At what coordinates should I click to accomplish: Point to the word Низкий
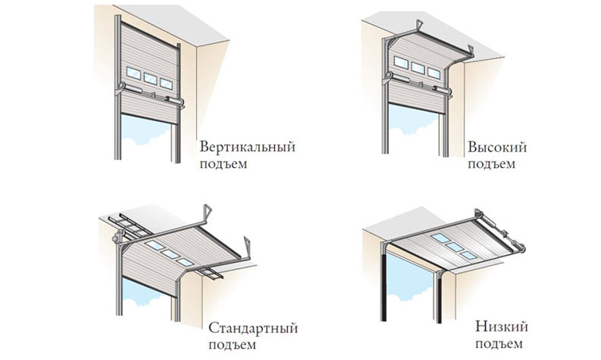[x=500, y=327]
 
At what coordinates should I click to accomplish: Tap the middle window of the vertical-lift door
[x=149, y=79]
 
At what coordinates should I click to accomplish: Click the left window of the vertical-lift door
[x=132, y=77]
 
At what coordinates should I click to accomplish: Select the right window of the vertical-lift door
[x=166, y=81]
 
